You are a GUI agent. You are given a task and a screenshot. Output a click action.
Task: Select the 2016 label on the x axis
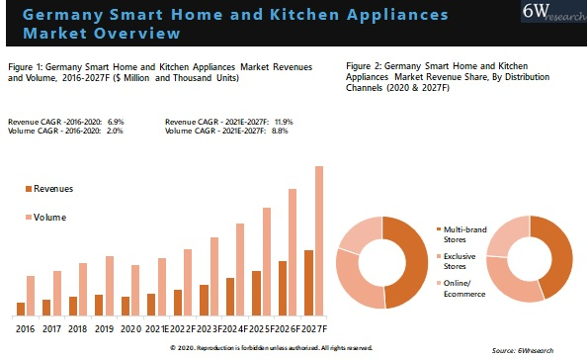(x=25, y=328)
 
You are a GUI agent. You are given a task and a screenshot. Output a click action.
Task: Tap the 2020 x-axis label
(x=130, y=328)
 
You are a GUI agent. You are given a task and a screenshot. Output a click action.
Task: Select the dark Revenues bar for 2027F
(x=308, y=283)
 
